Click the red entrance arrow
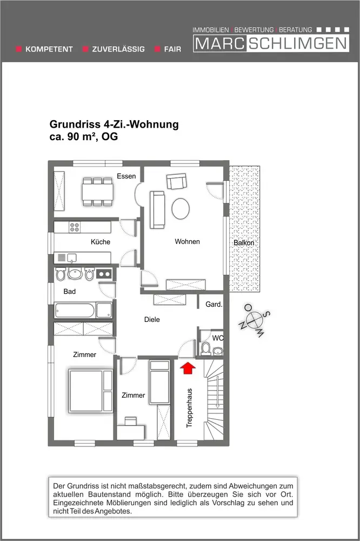point(187,368)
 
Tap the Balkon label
point(244,243)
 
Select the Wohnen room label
point(187,241)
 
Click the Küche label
point(101,242)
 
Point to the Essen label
point(126,176)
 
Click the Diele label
point(152,319)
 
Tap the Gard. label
point(214,305)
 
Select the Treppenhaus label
point(189,408)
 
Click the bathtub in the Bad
point(75,311)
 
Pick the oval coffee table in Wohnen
point(181,208)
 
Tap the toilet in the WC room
point(205,348)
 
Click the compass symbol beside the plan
point(253,319)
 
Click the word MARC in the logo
point(220,43)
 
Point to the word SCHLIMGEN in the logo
point(297,43)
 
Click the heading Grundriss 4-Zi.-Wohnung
point(114,125)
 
